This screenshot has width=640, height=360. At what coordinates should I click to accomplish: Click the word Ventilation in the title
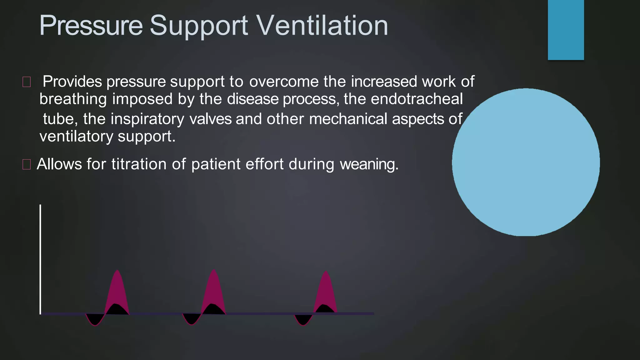click(322, 26)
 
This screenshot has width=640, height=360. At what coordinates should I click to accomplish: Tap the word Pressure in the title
click(91, 26)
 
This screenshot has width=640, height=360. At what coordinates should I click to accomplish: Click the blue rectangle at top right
click(566, 30)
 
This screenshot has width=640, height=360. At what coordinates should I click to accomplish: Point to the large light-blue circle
click(526, 162)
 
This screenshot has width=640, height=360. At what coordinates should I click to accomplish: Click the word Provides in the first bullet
click(72, 82)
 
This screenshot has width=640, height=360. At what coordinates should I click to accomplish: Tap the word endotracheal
click(417, 99)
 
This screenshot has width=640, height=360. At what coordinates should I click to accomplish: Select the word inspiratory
click(147, 119)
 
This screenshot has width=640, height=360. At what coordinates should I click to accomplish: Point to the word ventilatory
click(76, 137)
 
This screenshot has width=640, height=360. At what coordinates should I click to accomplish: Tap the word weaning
click(369, 164)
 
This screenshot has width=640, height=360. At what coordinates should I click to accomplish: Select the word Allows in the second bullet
click(59, 164)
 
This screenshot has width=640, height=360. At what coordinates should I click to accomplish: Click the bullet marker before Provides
click(27, 82)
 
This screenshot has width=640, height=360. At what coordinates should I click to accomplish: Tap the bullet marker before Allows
click(27, 164)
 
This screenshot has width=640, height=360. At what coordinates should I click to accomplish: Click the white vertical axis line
click(40, 259)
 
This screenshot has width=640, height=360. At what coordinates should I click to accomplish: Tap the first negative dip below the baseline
click(95, 319)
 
